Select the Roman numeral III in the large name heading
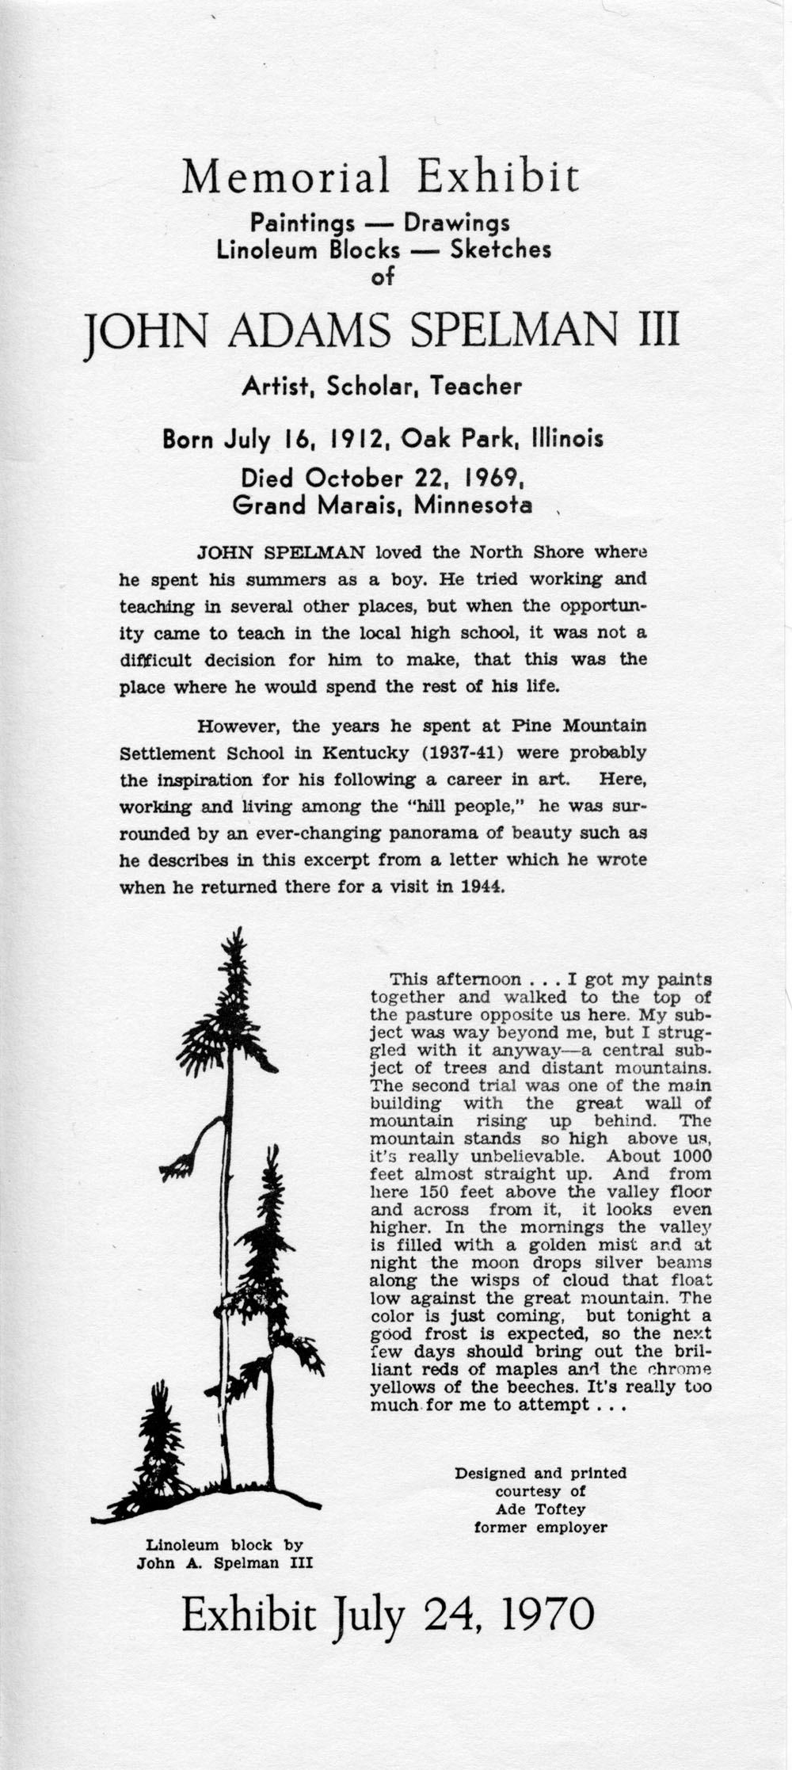click(659, 331)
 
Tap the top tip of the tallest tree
click(234, 942)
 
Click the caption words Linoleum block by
click(225, 1545)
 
